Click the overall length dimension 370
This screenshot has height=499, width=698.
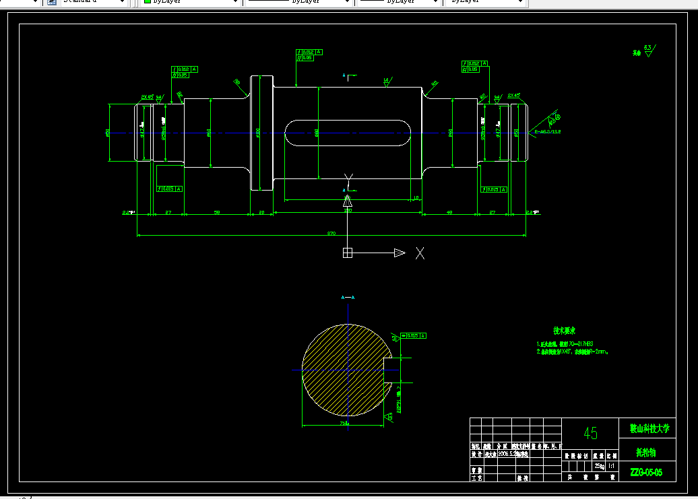331,233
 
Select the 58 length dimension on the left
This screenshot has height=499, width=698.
217,212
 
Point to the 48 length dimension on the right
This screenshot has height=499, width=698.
449,212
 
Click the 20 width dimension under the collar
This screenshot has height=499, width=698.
262,212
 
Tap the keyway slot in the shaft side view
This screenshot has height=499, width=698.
348,133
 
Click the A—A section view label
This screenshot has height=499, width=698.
348,297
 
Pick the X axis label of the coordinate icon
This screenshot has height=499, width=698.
420,253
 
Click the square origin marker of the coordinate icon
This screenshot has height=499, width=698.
348,253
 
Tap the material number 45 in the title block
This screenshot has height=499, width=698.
590,433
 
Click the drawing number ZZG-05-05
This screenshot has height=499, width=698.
646,473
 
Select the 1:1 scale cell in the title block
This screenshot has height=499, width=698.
611,466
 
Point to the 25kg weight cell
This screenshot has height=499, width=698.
598,466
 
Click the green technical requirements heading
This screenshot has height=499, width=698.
563,331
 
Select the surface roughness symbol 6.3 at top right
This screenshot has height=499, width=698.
647,51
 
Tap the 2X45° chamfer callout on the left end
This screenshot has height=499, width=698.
147,96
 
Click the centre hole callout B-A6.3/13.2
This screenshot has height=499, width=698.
547,132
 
